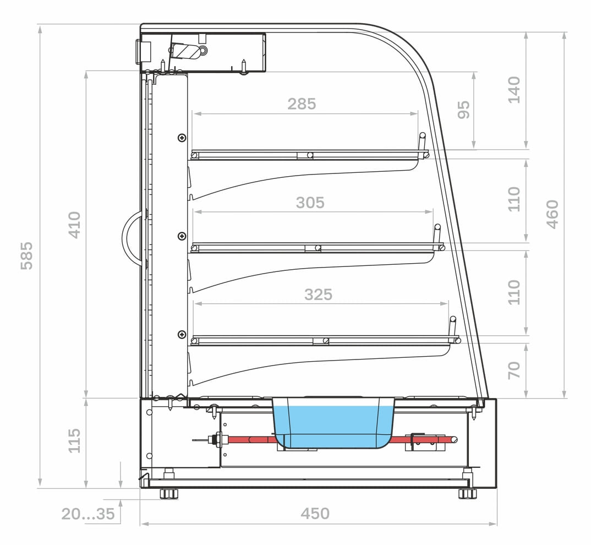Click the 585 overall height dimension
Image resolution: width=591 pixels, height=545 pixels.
(x=26, y=256)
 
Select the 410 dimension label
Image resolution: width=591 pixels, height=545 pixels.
(x=74, y=225)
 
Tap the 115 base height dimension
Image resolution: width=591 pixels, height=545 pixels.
(x=74, y=440)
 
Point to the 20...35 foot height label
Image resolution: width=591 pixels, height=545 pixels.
(x=88, y=514)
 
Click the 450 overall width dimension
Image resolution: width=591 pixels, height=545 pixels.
(x=315, y=513)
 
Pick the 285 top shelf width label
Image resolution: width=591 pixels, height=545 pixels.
(x=302, y=103)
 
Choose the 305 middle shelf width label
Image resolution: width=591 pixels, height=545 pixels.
(x=310, y=203)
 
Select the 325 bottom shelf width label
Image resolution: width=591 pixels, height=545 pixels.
(x=319, y=294)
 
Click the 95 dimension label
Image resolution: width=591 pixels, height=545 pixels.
(x=463, y=110)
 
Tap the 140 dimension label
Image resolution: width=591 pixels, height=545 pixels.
(x=514, y=90)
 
